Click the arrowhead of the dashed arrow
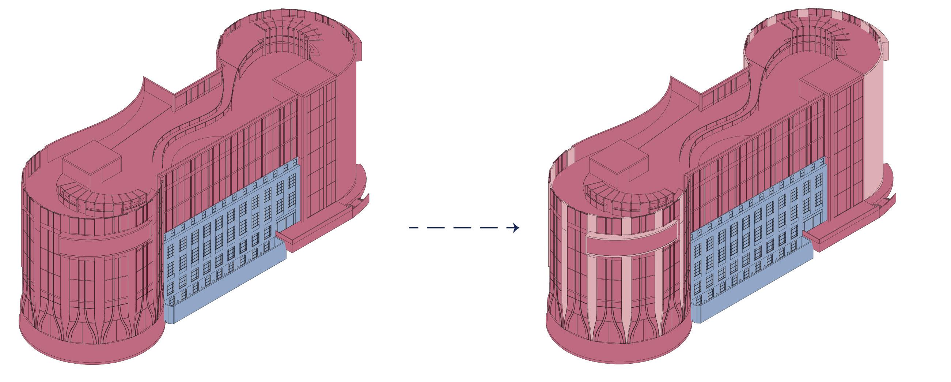click(x=516, y=228)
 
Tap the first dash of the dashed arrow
click(x=413, y=228)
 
